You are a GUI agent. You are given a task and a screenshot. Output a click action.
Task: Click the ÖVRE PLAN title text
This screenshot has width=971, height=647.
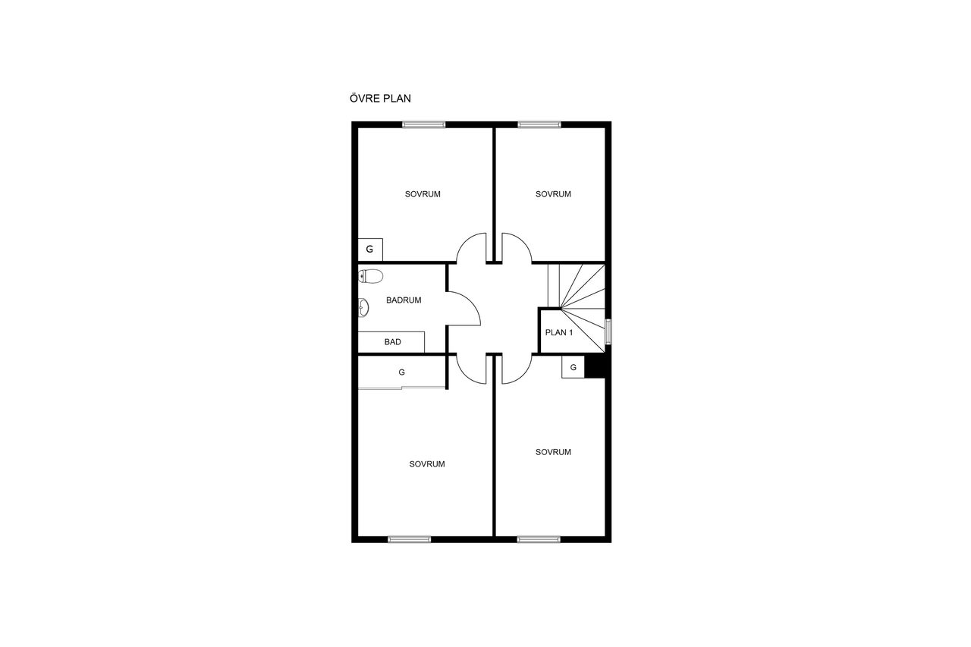coord(380,99)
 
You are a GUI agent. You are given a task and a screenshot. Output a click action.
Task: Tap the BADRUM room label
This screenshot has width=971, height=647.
coord(404,300)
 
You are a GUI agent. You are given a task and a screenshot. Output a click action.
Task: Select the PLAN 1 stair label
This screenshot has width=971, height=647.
coord(559,332)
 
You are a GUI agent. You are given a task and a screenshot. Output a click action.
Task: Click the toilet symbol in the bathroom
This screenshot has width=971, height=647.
coord(371,276)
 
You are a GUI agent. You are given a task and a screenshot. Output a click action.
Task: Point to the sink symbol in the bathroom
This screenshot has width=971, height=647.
coord(363,307)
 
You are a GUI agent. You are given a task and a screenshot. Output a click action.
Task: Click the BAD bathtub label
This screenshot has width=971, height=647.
coord(393,342)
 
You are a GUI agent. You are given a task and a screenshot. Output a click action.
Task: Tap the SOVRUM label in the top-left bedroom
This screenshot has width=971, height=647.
coord(423,194)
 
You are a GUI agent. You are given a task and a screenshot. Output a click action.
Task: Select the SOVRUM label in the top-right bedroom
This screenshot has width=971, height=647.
coord(553,194)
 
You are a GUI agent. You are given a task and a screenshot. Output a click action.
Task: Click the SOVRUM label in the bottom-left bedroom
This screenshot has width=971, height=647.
coord(427,464)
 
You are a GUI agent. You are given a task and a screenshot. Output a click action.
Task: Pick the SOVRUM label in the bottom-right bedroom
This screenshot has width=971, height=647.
coord(553,452)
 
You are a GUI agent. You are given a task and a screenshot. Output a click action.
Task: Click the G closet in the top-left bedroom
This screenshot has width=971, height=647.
coord(370,250)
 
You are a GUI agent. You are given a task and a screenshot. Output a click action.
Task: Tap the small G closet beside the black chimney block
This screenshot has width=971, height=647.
coord(573,367)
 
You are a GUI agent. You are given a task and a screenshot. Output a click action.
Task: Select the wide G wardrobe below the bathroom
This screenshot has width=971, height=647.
coord(402,372)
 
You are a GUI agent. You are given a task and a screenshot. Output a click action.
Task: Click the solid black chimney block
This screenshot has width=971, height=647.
coord(595,366)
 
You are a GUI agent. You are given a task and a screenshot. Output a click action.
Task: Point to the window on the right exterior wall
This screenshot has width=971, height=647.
coord(608,332)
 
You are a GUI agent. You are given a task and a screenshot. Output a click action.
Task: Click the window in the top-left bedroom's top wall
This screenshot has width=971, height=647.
coord(423,125)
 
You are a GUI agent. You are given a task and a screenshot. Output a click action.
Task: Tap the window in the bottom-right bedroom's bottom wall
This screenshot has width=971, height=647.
coord(539,539)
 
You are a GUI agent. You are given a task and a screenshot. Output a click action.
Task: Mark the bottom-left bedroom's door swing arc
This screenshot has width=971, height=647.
coord(465,375)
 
